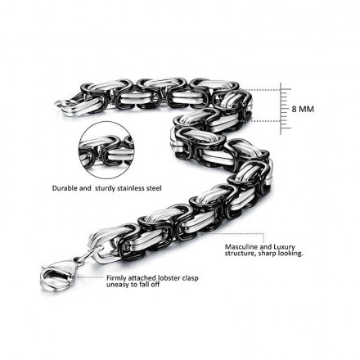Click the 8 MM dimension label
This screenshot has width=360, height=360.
303,110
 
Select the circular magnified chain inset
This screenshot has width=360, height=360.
106,151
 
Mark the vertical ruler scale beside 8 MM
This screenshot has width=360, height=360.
284,109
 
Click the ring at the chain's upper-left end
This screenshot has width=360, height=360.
62,104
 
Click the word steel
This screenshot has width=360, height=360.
155,188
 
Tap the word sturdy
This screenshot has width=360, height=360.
106,188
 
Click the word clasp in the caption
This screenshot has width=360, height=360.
190,278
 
